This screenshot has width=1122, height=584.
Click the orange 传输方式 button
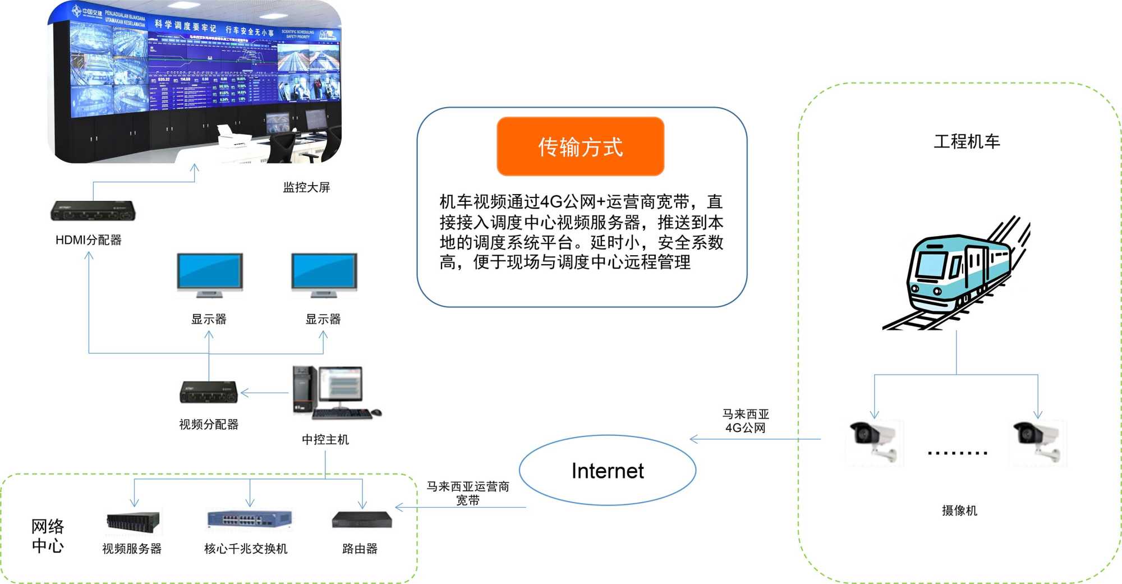(580, 146)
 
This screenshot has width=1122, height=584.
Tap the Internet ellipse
(608, 470)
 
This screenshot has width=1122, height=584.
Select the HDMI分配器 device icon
(93, 211)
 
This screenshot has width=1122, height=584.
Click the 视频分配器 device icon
(209, 392)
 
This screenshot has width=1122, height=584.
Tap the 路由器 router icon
(362, 519)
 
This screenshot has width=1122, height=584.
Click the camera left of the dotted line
(874, 442)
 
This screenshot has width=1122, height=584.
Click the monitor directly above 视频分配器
(209, 275)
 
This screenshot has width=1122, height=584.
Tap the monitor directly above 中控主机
(324, 275)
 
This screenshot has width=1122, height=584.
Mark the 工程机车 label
(967, 141)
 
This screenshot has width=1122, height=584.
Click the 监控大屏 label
(306, 187)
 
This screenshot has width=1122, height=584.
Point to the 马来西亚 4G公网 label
(745, 421)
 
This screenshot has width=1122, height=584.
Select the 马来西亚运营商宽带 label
(467, 493)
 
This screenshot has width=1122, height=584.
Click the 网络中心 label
(48, 536)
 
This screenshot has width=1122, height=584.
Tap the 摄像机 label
(959, 511)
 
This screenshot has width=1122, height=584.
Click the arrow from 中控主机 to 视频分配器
(264, 393)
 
